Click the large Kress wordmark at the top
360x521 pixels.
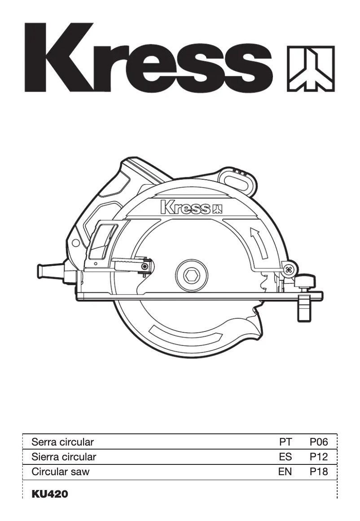(148, 58)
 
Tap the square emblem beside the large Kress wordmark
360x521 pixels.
(311, 68)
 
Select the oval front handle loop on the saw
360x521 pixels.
(237, 180)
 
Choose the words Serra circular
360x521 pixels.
(62, 442)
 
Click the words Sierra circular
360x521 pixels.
(64, 457)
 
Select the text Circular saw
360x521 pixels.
(60, 472)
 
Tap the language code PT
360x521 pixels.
(285, 442)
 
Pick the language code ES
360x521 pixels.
(285, 457)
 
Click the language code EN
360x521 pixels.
(285, 472)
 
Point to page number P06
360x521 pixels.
(319, 442)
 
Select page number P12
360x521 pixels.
(319, 457)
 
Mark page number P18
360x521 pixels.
(319, 472)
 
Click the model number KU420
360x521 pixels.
(50, 495)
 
